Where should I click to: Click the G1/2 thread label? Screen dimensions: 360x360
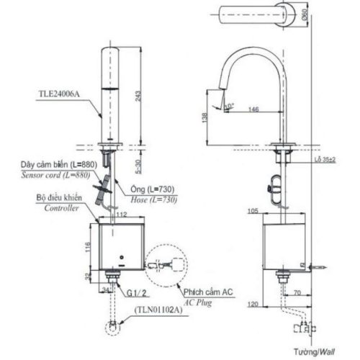pyautogui.click(x=138, y=293)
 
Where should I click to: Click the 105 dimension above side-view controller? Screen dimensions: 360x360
pyautogui.click(x=253, y=212)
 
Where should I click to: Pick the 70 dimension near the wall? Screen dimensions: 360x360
pyautogui.click(x=297, y=294)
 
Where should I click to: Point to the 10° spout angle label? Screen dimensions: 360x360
pyautogui.click(x=229, y=106)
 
